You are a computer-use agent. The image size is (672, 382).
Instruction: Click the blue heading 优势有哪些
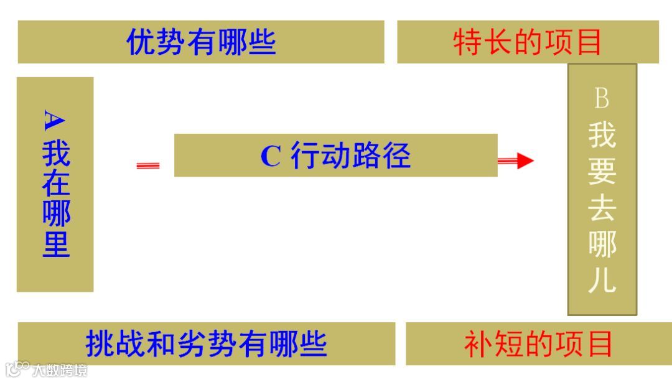click(x=201, y=42)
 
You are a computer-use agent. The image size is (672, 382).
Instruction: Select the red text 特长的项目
click(x=528, y=43)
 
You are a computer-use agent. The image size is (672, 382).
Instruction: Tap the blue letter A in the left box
click(x=55, y=120)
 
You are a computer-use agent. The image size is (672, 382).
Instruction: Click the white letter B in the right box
click(x=602, y=98)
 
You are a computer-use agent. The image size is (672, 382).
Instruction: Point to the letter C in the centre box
click(x=271, y=156)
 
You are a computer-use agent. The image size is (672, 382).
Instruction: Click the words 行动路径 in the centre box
click(x=351, y=156)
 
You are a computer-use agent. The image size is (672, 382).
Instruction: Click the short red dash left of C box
click(x=148, y=165)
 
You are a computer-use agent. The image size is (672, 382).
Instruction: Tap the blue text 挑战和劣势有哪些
click(x=206, y=344)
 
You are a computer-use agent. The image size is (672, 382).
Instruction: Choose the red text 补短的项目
click(x=538, y=344)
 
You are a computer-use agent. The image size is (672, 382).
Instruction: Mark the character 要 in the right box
click(x=602, y=171)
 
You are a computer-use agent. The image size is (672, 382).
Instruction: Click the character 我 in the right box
click(x=602, y=134)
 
